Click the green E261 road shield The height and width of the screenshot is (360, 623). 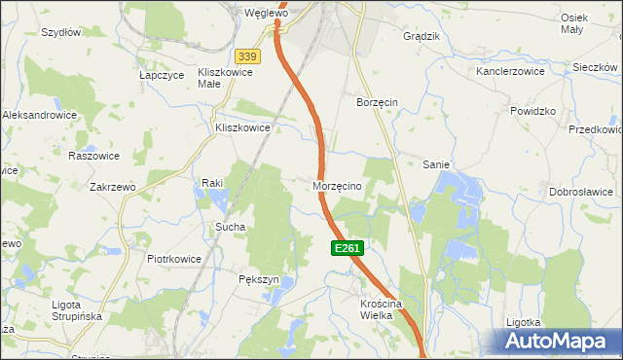click(x=348, y=249)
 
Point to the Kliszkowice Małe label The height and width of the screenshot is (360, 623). click(x=225, y=77)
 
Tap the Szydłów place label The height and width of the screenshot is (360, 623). click(x=60, y=32)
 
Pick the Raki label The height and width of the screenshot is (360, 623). click(x=213, y=182)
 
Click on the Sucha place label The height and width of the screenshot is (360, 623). click(x=230, y=227)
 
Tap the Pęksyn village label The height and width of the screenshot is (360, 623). click(x=259, y=279)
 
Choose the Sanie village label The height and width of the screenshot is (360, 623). click(x=435, y=164)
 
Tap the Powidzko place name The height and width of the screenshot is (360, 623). click(x=532, y=111)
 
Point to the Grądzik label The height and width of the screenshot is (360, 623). click(x=421, y=36)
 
